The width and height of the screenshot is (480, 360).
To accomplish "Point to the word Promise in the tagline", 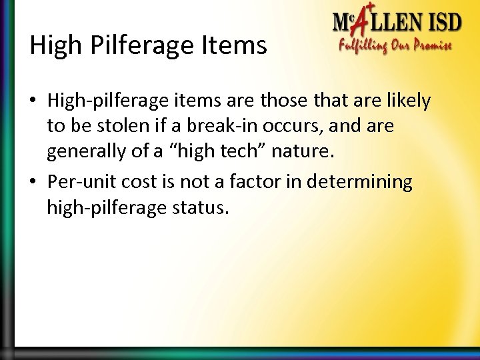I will (428, 46).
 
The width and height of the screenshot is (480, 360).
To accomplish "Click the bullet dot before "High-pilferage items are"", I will (34, 102).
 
